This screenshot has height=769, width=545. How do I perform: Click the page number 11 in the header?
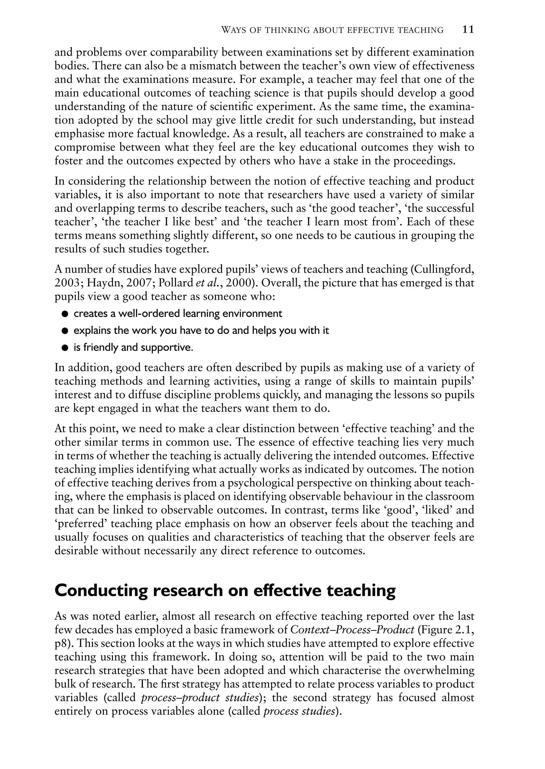point(468,30)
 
